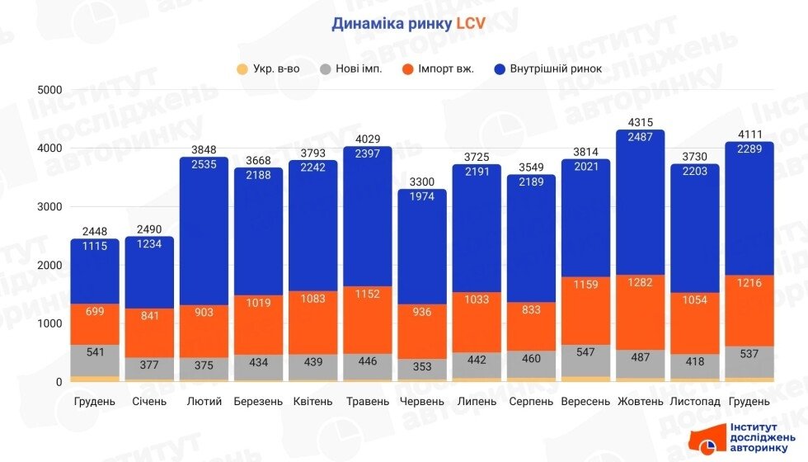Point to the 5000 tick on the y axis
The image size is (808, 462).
click(51, 89)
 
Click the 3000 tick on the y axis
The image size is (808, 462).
click(51, 206)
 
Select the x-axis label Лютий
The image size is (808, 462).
click(204, 402)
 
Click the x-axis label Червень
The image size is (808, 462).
click(422, 402)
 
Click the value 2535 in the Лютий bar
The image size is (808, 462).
click(204, 164)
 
